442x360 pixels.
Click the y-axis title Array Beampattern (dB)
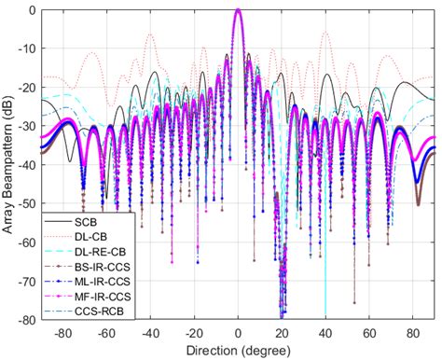10,163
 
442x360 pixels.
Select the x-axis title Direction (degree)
239,352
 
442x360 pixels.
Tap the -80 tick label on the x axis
62,333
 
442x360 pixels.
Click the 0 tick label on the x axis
239,333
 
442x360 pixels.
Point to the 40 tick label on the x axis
325,333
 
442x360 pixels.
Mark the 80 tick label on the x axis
413,333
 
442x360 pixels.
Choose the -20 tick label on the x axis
193,333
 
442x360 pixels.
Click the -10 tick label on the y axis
28,48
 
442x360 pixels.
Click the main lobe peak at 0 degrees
239,10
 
